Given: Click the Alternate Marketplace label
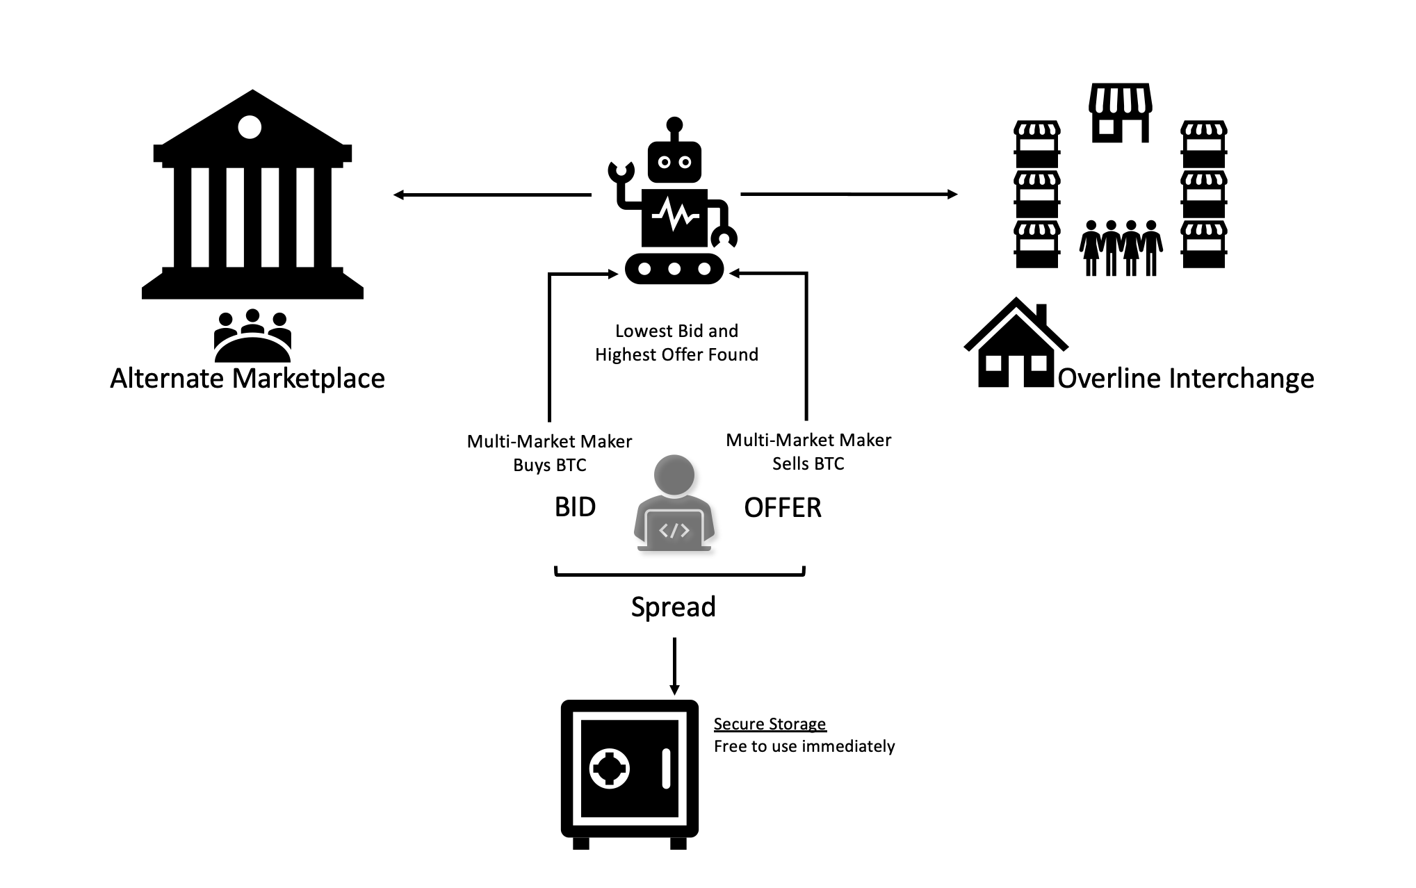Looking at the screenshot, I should [247, 379].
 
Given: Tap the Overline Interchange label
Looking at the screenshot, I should [1186, 379].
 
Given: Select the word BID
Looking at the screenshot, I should [575, 507].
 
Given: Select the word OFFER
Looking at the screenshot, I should [783, 508].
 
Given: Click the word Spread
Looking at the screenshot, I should [673, 607].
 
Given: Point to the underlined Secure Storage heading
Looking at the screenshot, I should [770, 724].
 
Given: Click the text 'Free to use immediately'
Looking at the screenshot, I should [804, 746].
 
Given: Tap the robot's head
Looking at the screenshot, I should [674, 161].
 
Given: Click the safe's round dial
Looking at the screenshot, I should [610, 769].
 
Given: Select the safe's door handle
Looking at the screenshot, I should [666, 768].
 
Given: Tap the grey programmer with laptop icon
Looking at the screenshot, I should [674, 504].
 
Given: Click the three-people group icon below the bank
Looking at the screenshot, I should [252, 336].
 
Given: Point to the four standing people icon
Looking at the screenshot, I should [1121, 248].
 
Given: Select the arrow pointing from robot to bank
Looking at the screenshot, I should [492, 195].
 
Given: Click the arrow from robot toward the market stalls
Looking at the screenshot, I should [848, 194].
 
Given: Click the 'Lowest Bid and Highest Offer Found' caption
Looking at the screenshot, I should [676, 343].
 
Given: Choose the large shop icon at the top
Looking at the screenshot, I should [1120, 113].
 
